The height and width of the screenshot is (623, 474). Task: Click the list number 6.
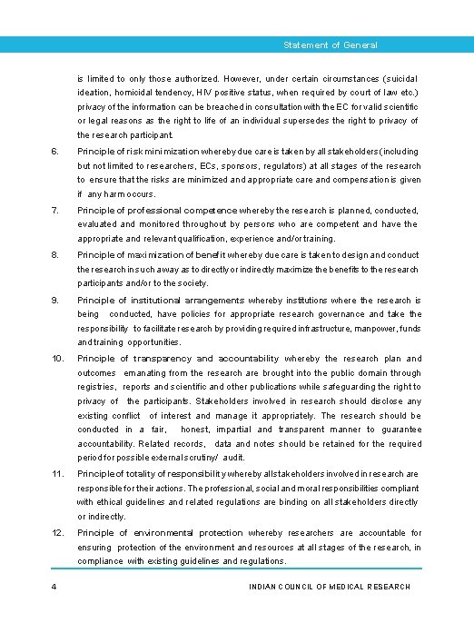pos(54,152)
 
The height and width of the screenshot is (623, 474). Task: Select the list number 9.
pos(54,300)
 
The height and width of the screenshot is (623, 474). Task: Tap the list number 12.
pos(56,532)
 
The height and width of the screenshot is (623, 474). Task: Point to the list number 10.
pos(56,359)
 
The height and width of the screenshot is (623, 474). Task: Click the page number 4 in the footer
pos(54,587)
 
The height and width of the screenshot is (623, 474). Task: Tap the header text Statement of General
pos(330,45)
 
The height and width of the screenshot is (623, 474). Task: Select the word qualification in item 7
pos(216,238)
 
